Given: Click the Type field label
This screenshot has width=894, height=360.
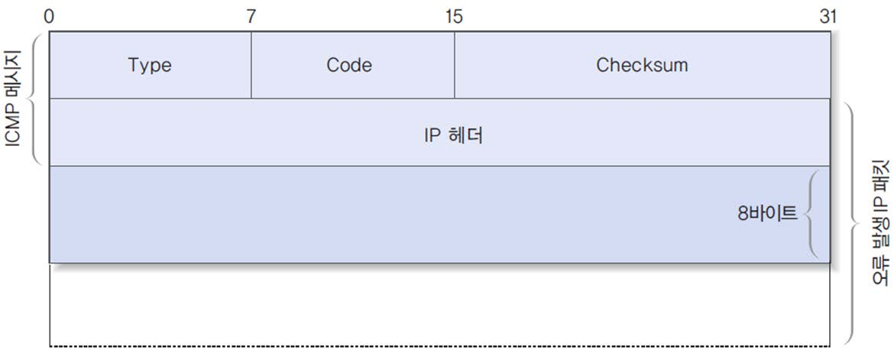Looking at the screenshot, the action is [x=150, y=66].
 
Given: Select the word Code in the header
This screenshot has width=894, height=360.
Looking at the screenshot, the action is [x=349, y=66].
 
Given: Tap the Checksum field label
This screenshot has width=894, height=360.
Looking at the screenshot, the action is [x=642, y=66].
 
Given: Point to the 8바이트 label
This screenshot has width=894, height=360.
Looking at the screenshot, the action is [x=766, y=214].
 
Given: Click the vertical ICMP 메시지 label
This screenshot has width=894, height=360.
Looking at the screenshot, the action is [x=13, y=99].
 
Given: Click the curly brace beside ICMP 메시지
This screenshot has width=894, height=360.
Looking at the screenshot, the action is [x=34, y=99].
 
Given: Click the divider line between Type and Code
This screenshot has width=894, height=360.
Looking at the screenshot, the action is [x=251, y=66].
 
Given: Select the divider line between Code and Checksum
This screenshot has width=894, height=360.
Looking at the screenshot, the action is [x=455, y=66].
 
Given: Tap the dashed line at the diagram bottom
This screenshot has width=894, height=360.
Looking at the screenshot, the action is [x=439, y=346].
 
